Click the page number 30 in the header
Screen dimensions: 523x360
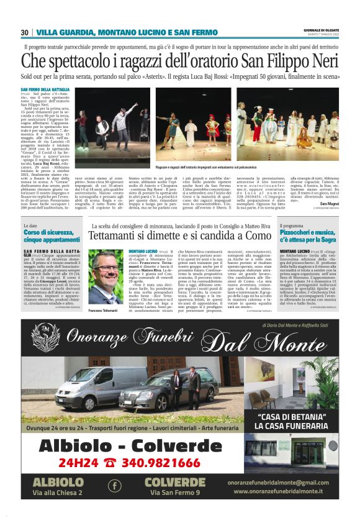coord(25,32)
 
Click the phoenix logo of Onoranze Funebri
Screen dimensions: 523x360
coord(45,336)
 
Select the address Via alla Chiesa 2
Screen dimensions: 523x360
coord(58,493)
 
